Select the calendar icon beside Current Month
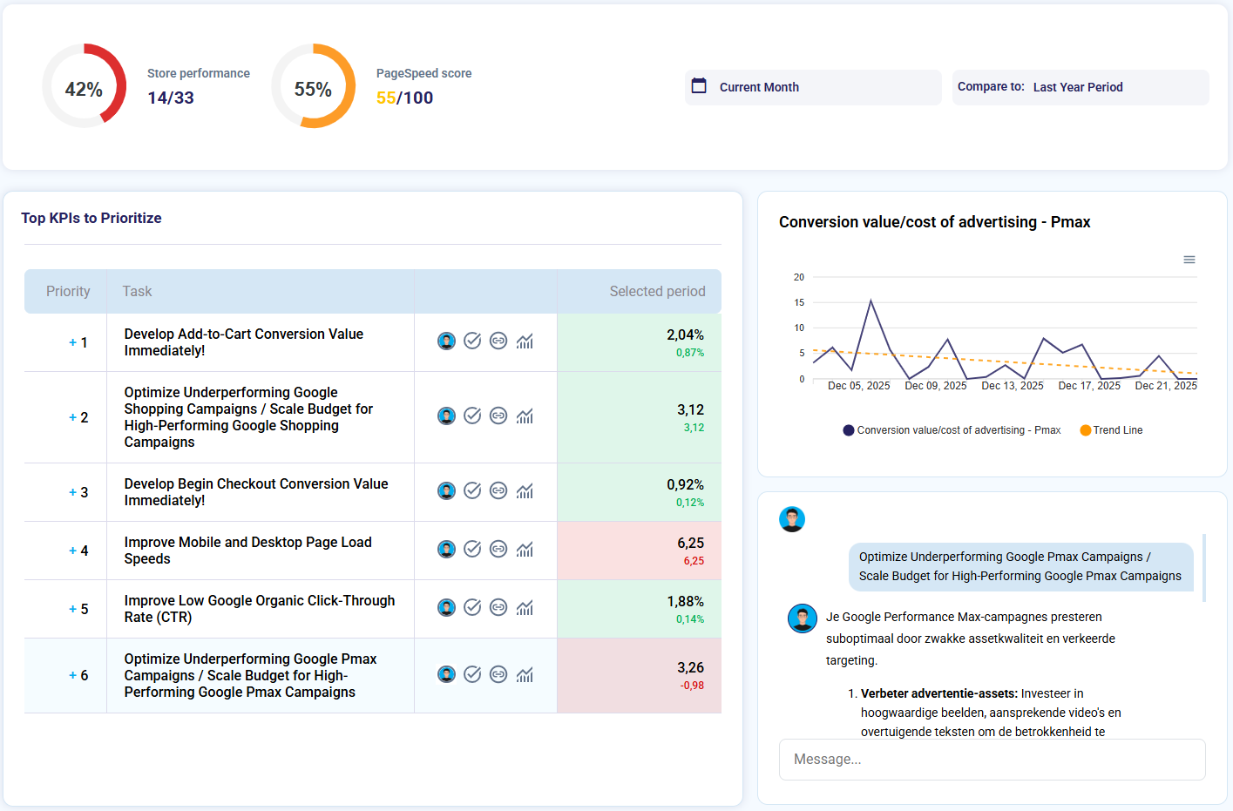click(x=699, y=86)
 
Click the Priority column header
click(x=68, y=292)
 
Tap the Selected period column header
click(x=657, y=292)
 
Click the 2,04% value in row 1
click(x=685, y=335)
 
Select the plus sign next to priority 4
click(x=72, y=551)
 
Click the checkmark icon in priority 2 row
click(x=472, y=416)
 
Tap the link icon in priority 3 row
click(x=498, y=491)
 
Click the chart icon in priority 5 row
click(x=525, y=608)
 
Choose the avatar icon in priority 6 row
click(x=446, y=675)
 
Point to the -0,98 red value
click(x=692, y=686)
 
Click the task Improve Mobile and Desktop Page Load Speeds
click(x=247, y=551)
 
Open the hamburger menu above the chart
click(x=1189, y=260)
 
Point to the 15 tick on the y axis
click(x=799, y=302)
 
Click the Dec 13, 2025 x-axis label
click(x=1013, y=386)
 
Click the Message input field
click(x=992, y=760)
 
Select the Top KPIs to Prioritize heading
click(x=91, y=219)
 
